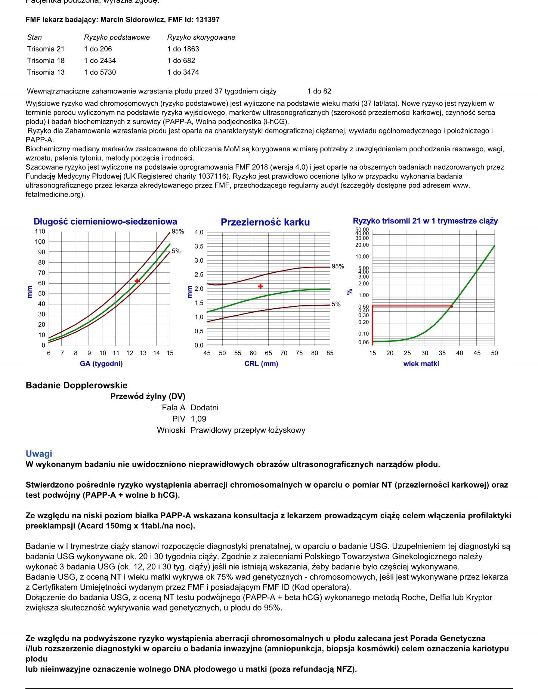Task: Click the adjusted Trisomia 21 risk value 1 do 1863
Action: (183, 49)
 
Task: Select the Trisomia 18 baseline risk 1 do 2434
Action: (100, 61)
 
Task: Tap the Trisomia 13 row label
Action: (46, 72)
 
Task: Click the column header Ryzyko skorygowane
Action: (201, 37)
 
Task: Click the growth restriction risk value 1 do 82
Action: (319, 91)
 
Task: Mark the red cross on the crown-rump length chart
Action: (137, 281)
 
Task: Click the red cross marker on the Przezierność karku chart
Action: (260, 286)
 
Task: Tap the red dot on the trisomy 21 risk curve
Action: (451, 306)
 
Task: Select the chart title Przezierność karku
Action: (265, 222)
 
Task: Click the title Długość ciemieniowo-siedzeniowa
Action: (105, 222)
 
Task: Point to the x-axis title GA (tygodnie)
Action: (101, 364)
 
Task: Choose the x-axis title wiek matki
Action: (421, 364)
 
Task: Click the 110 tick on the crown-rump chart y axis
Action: (40, 231)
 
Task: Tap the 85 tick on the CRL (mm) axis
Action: (330, 353)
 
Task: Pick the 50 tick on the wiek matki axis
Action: (494, 353)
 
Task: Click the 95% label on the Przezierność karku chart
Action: (338, 266)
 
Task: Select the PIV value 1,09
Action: (198, 419)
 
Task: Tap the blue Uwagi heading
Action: (39, 454)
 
